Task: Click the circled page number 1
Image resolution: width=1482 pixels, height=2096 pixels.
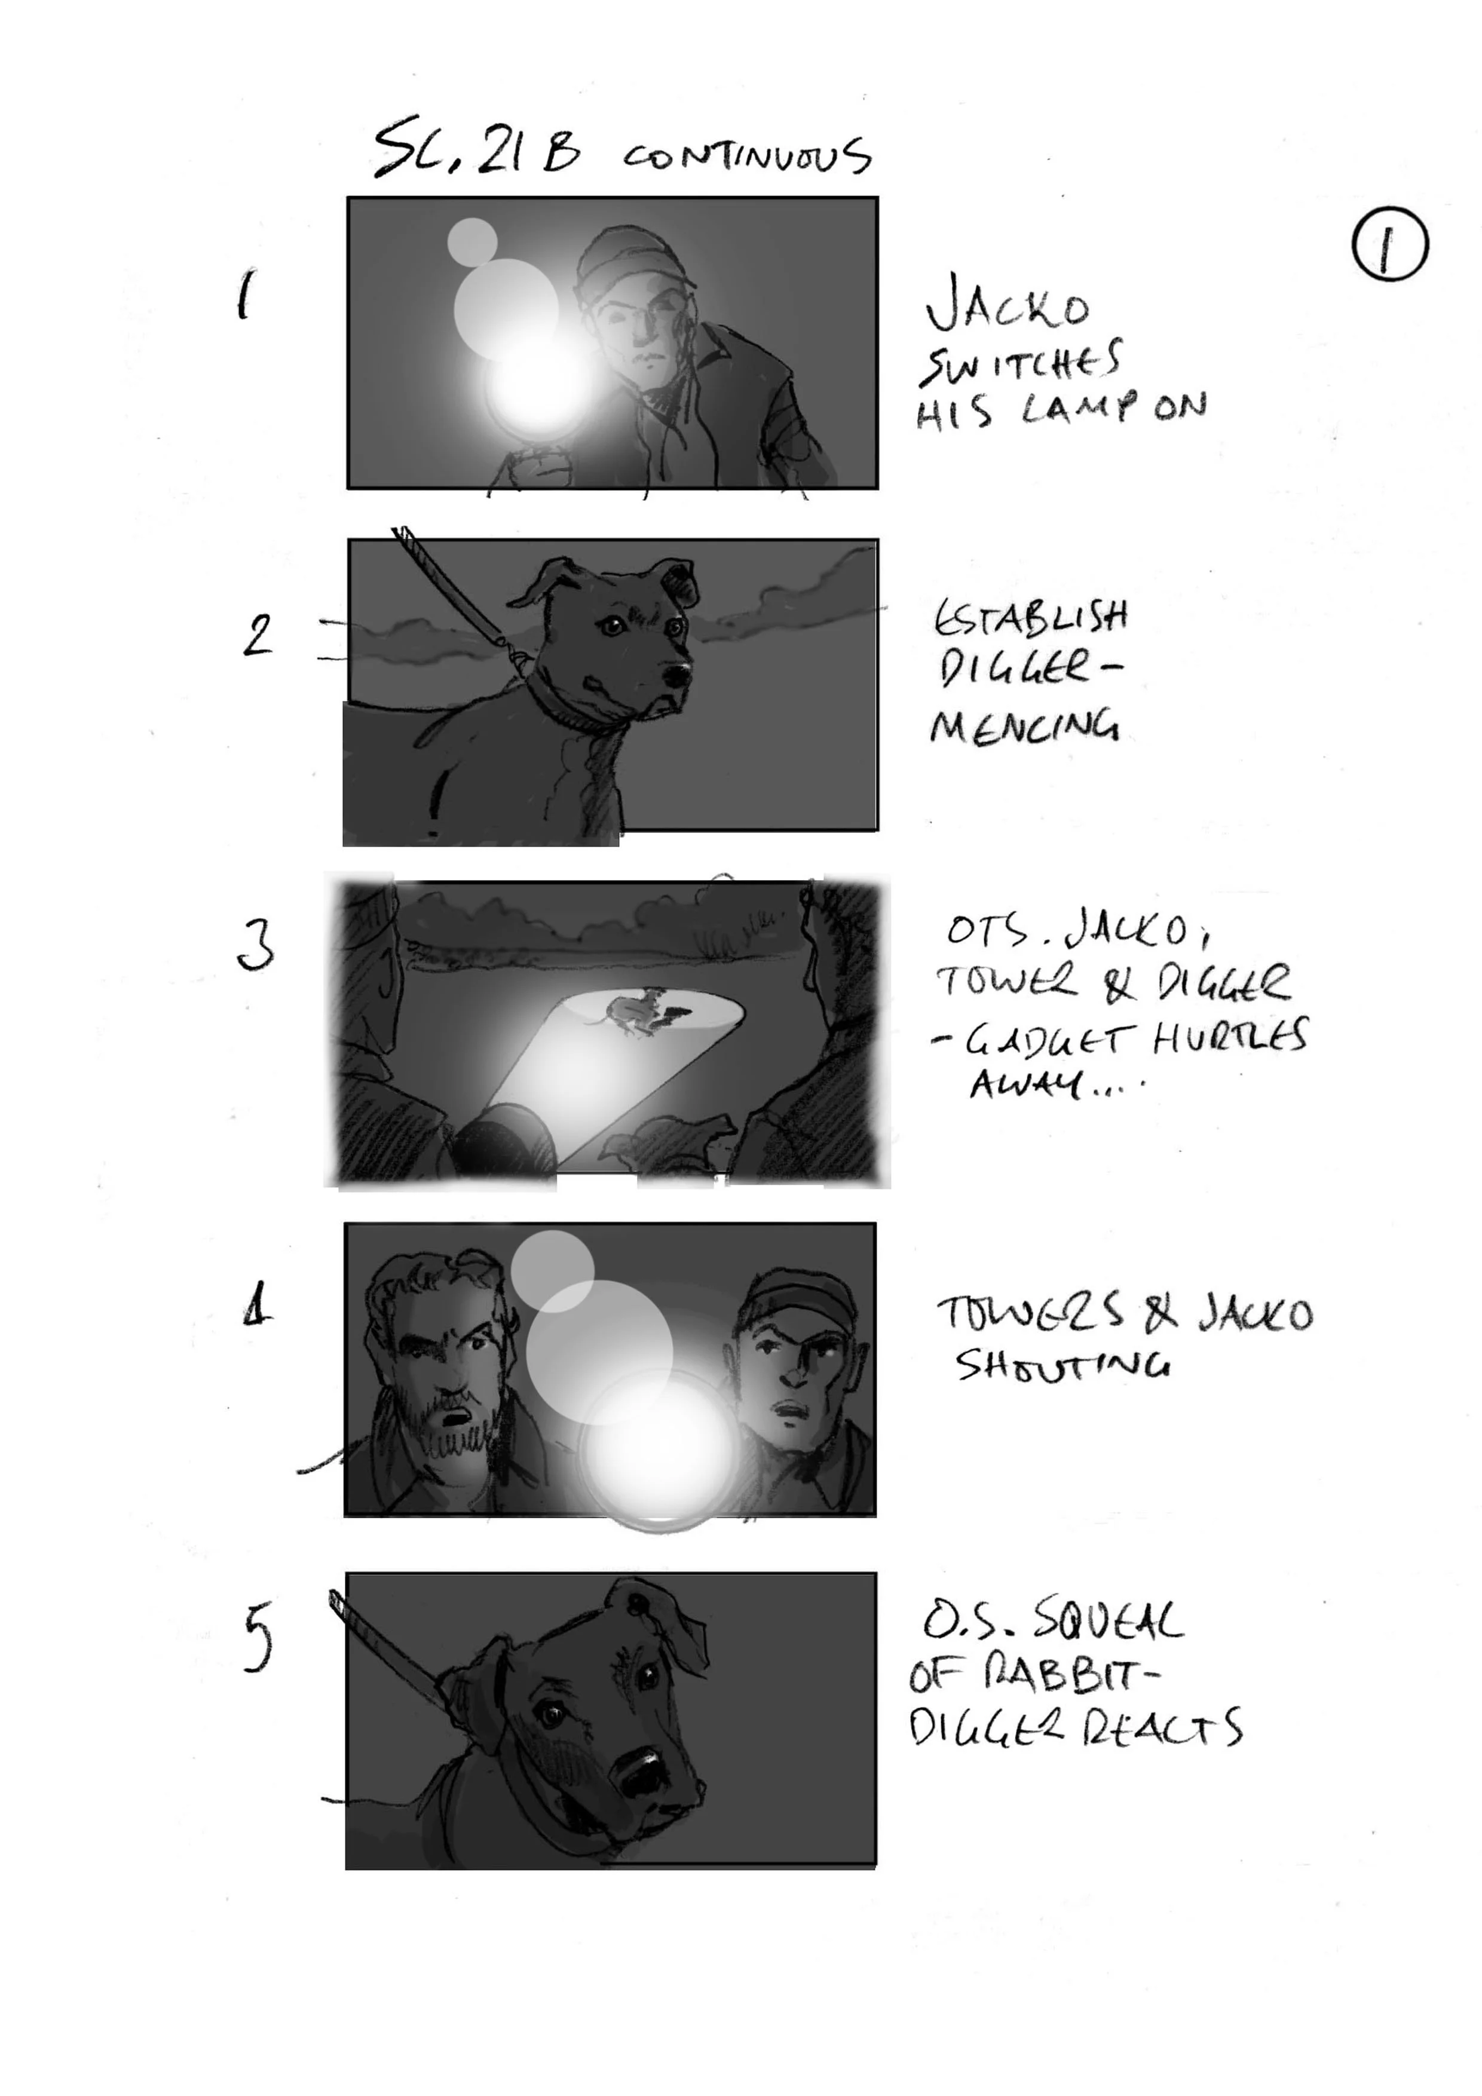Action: [1389, 244]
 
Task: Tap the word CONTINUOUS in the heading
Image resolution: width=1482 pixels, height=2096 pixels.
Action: [747, 157]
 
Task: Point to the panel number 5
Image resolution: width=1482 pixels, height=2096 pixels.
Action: [258, 1639]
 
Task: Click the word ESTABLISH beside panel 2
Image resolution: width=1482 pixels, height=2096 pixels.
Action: [1030, 618]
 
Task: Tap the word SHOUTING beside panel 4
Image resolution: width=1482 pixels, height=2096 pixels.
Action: [1062, 1366]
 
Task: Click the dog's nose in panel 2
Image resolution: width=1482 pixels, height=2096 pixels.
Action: [676, 676]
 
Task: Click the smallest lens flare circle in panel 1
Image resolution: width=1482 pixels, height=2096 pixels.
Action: [472, 241]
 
